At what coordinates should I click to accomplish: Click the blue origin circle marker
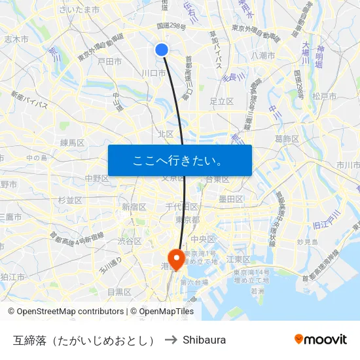tap(162, 49)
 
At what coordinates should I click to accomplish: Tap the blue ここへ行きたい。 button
tap(179, 160)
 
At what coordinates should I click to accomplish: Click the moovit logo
tap(320, 339)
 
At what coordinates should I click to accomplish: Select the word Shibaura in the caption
tap(204, 340)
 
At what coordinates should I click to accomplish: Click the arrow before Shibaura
tap(170, 340)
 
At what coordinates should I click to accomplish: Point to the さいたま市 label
tap(79, 10)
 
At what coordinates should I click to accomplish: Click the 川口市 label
tap(154, 73)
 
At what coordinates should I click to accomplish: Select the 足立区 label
tap(221, 101)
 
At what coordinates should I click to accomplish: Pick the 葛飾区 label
tap(287, 139)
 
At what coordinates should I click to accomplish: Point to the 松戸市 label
tap(325, 96)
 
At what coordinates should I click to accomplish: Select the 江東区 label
tap(238, 259)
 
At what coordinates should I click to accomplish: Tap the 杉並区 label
tap(70, 200)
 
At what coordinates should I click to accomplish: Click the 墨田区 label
tap(231, 199)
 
